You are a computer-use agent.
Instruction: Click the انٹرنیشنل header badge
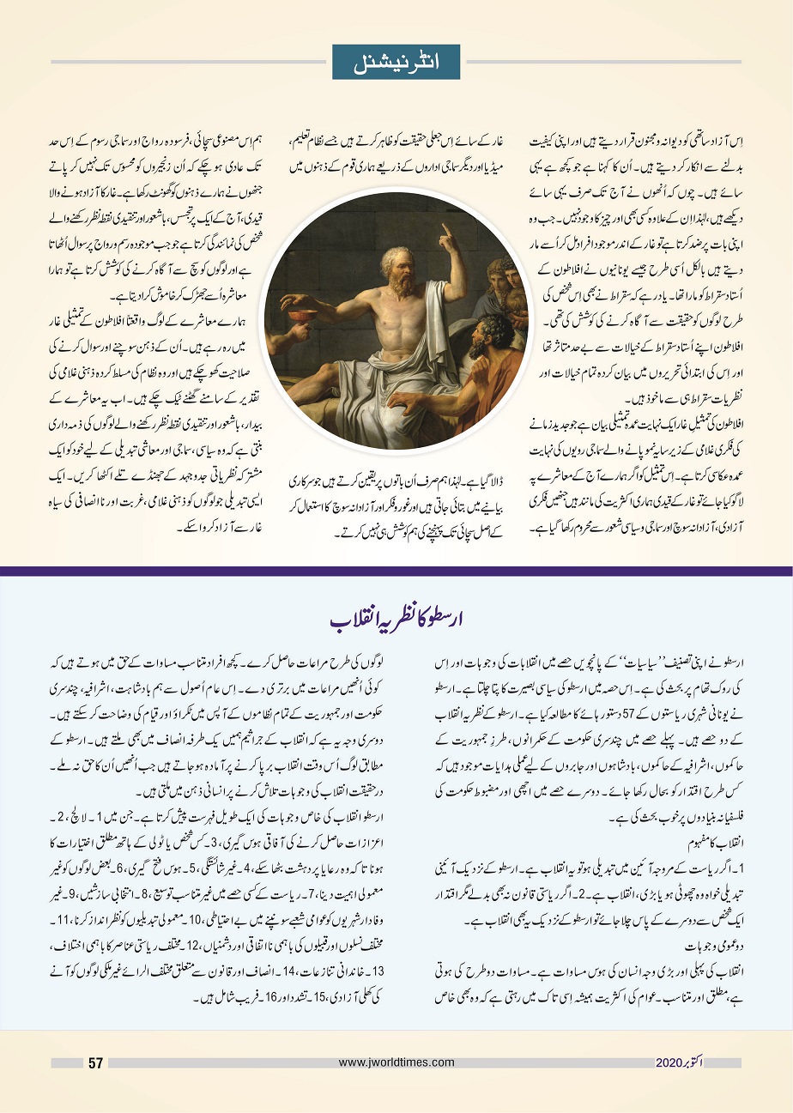[396, 62]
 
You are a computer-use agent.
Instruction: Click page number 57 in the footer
[95, 1063]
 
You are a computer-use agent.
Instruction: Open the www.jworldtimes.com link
[396, 1062]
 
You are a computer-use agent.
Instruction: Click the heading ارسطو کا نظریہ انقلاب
[396, 619]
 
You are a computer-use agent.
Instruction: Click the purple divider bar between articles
[396, 571]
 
